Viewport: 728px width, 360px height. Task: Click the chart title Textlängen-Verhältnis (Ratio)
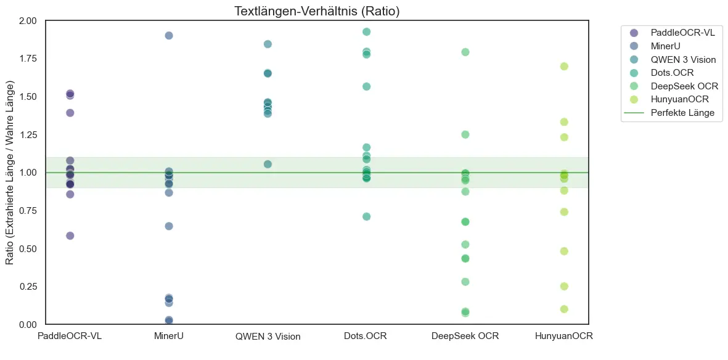pos(317,10)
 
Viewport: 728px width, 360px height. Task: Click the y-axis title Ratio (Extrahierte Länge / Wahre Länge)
pos(10,173)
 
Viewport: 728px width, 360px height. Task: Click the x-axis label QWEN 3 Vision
pos(268,337)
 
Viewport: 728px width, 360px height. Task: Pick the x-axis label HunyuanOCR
pos(563,336)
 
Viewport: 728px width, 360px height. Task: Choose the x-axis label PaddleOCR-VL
pos(70,336)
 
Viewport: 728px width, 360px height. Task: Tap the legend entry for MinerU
pos(668,46)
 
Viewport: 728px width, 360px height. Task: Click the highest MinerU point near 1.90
pos(169,35)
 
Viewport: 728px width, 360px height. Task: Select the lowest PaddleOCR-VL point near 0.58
pos(70,235)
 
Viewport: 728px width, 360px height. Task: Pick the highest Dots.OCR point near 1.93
pos(366,31)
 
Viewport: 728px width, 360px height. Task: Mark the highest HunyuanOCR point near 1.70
pos(563,66)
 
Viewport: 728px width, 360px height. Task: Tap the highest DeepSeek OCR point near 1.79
pos(465,52)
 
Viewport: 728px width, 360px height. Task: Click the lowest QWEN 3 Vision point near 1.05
pos(268,164)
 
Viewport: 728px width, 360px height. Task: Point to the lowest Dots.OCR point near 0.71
pos(366,216)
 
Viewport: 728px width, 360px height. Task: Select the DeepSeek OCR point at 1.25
pos(465,134)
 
